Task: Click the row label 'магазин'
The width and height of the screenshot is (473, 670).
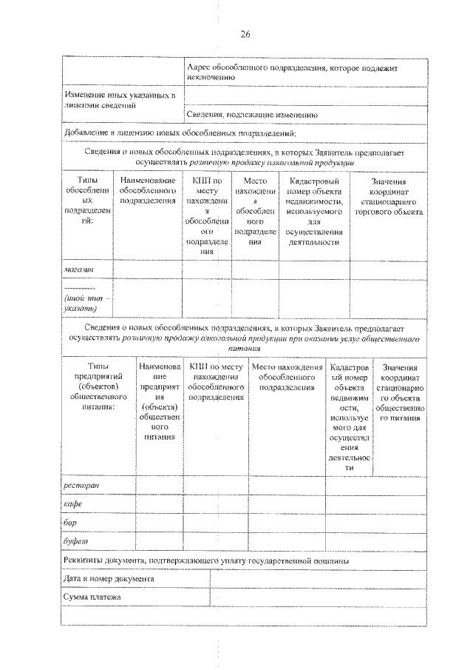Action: (x=78, y=271)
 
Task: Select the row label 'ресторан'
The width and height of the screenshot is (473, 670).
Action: (x=81, y=485)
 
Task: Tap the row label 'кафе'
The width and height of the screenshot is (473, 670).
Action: (x=72, y=504)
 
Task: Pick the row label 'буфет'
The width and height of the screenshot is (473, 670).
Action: (x=75, y=542)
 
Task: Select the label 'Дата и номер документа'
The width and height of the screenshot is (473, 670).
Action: (x=109, y=579)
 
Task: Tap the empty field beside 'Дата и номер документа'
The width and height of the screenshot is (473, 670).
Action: (x=318, y=579)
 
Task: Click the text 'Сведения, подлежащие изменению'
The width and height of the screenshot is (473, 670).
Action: (x=252, y=115)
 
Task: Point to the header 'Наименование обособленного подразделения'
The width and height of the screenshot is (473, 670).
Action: (x=147, y=190)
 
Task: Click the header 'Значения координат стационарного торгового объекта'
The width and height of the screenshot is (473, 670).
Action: (x=388, y=196)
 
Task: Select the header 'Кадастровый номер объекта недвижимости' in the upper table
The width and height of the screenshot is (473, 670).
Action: (x=313, y=211)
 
